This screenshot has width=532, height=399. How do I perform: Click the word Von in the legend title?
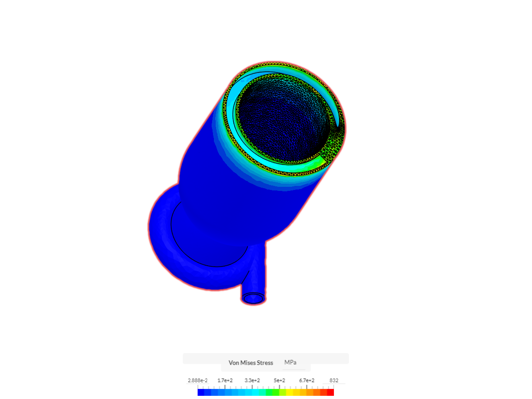[234, 363]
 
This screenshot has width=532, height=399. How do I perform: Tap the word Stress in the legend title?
[265, 363]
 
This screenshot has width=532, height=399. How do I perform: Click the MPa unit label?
[290, 362]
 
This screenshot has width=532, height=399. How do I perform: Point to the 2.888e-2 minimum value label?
[198, 380]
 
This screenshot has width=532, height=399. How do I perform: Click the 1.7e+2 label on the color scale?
[225, 380]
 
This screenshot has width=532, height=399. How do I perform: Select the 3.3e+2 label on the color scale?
[252, 380]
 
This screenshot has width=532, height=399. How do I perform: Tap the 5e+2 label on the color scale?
[279, 380]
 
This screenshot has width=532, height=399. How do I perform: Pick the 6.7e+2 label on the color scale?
[307, 380]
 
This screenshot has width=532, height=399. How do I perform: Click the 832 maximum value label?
[334, 380]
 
